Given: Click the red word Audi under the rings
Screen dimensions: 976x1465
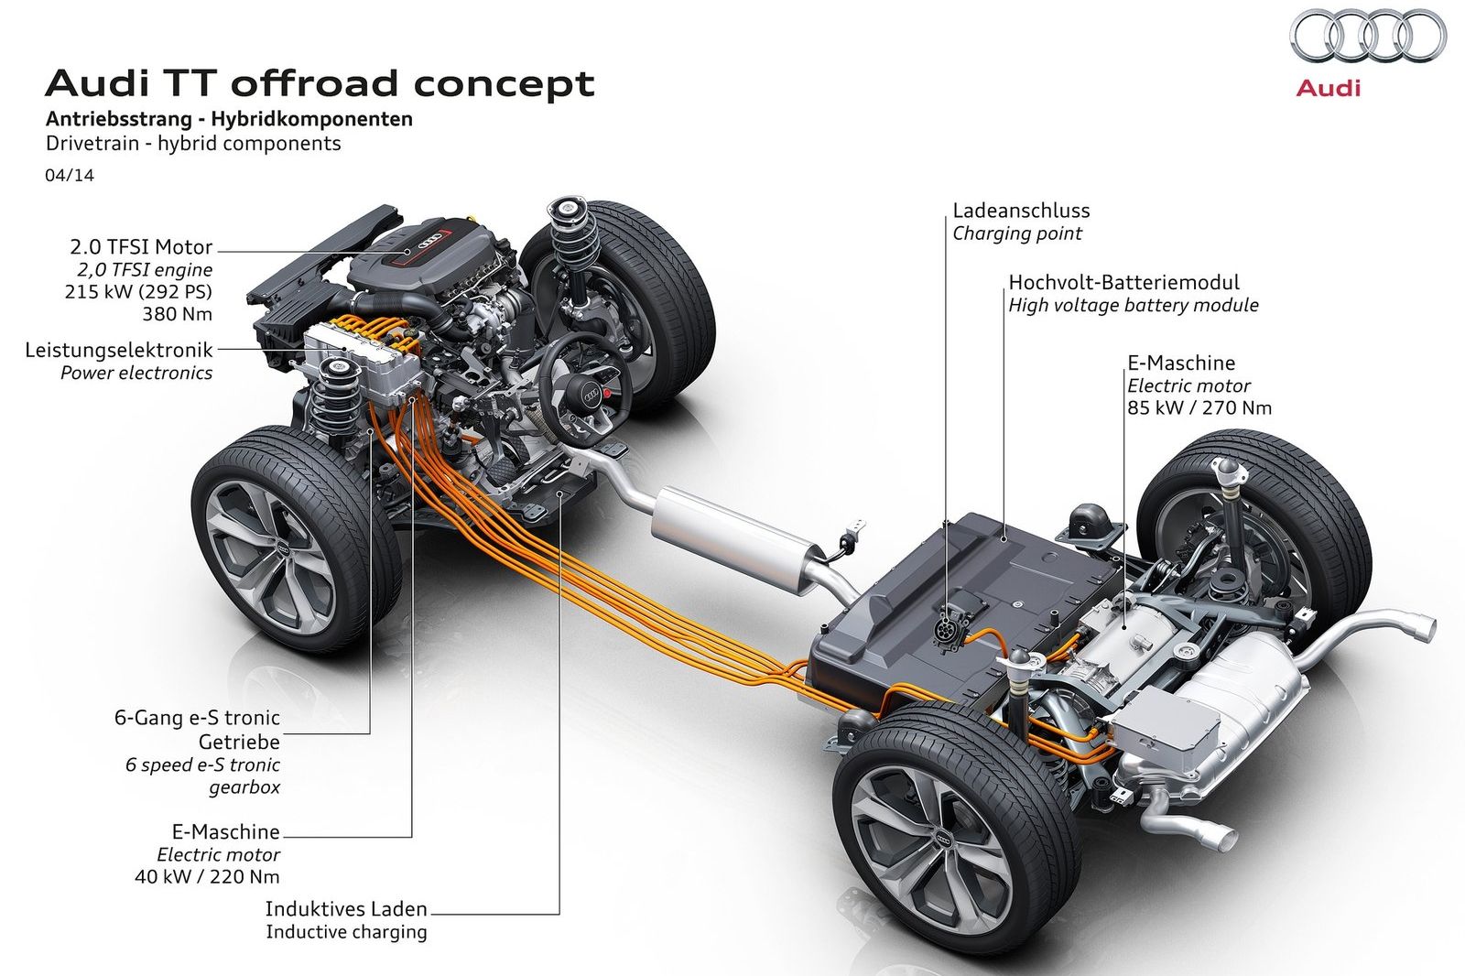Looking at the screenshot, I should [1328, 88].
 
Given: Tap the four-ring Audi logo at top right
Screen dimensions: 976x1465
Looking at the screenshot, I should [1368, 38].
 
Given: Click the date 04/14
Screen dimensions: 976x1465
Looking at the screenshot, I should [70, 175].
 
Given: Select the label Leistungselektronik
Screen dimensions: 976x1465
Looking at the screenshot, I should [119, 350].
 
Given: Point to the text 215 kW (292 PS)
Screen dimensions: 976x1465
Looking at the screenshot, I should [138, 292].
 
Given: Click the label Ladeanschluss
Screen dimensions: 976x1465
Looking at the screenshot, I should [1021, 211].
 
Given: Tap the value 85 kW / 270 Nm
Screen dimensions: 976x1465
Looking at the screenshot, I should [1199, 407].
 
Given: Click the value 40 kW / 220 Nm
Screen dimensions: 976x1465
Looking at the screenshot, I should [207, 876].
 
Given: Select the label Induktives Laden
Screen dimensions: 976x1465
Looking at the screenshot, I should [346, 909].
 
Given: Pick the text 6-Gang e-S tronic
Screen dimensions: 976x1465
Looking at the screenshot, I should [197, 718].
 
